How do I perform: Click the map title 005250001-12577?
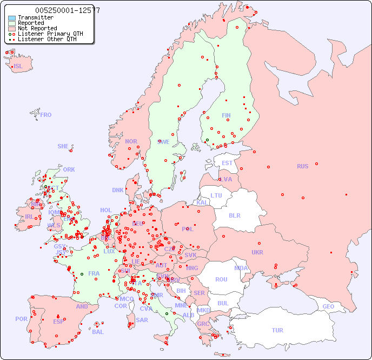[x=67, y=10]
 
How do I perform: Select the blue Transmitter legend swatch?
[x=12, y=17]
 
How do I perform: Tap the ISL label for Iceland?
[x=18, y=67]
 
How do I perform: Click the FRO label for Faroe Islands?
[x=46, y=115]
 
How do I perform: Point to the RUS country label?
[x=302, y=166]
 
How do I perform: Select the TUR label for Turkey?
[x=277, y=330]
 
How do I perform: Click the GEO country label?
[x=328, y=306]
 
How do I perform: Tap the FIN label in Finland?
[x=226, y=115]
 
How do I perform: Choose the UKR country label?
[x=257, y=252]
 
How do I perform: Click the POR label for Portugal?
[x=21, y=319]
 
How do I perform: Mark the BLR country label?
[x=235, y=215]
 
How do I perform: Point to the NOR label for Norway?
[x=131, y=141]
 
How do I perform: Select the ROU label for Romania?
[x=221, y=279]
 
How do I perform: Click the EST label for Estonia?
[x=227, y=163]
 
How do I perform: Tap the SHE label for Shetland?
[x=63, y=146]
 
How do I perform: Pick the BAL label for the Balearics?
[x=98, y=332]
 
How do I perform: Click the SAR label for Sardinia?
[x=142, y=320]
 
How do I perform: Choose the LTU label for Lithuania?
[x=216, y=195]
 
